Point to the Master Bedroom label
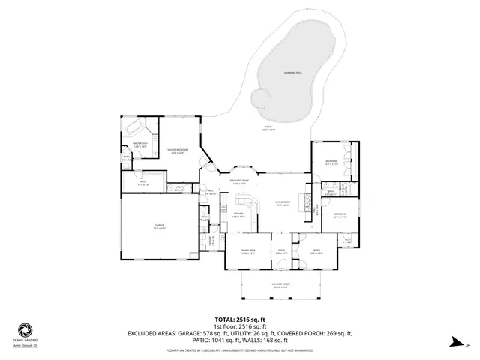[x=177, y=151]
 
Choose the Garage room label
[x=160, y=226]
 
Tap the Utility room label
[x=179, y=188]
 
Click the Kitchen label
[x=239, y=215]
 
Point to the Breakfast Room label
[x=239, y=182]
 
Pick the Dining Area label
[x=248, y=252]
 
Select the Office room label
[x=316, y=252]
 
